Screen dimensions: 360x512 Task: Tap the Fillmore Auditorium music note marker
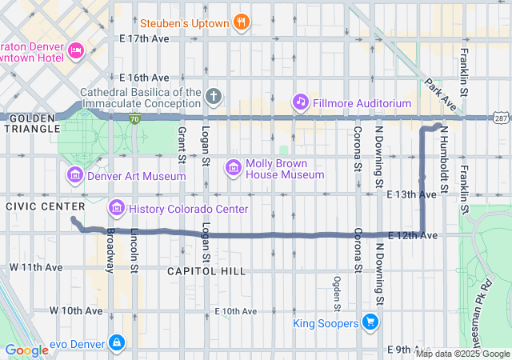300,102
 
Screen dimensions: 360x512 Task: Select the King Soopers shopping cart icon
370,322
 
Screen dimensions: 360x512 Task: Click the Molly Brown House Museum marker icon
234,168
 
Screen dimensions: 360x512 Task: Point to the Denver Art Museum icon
75,175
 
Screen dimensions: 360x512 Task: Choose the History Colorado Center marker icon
116,209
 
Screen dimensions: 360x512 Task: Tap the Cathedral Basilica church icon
213,97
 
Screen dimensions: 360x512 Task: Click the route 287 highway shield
501,118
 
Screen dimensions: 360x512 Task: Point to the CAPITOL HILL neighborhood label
206,271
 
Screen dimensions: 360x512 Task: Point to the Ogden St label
337,292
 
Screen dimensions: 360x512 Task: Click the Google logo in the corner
26,350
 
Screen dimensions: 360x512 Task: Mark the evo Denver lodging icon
118,342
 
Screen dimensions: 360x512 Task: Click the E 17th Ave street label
144,38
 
